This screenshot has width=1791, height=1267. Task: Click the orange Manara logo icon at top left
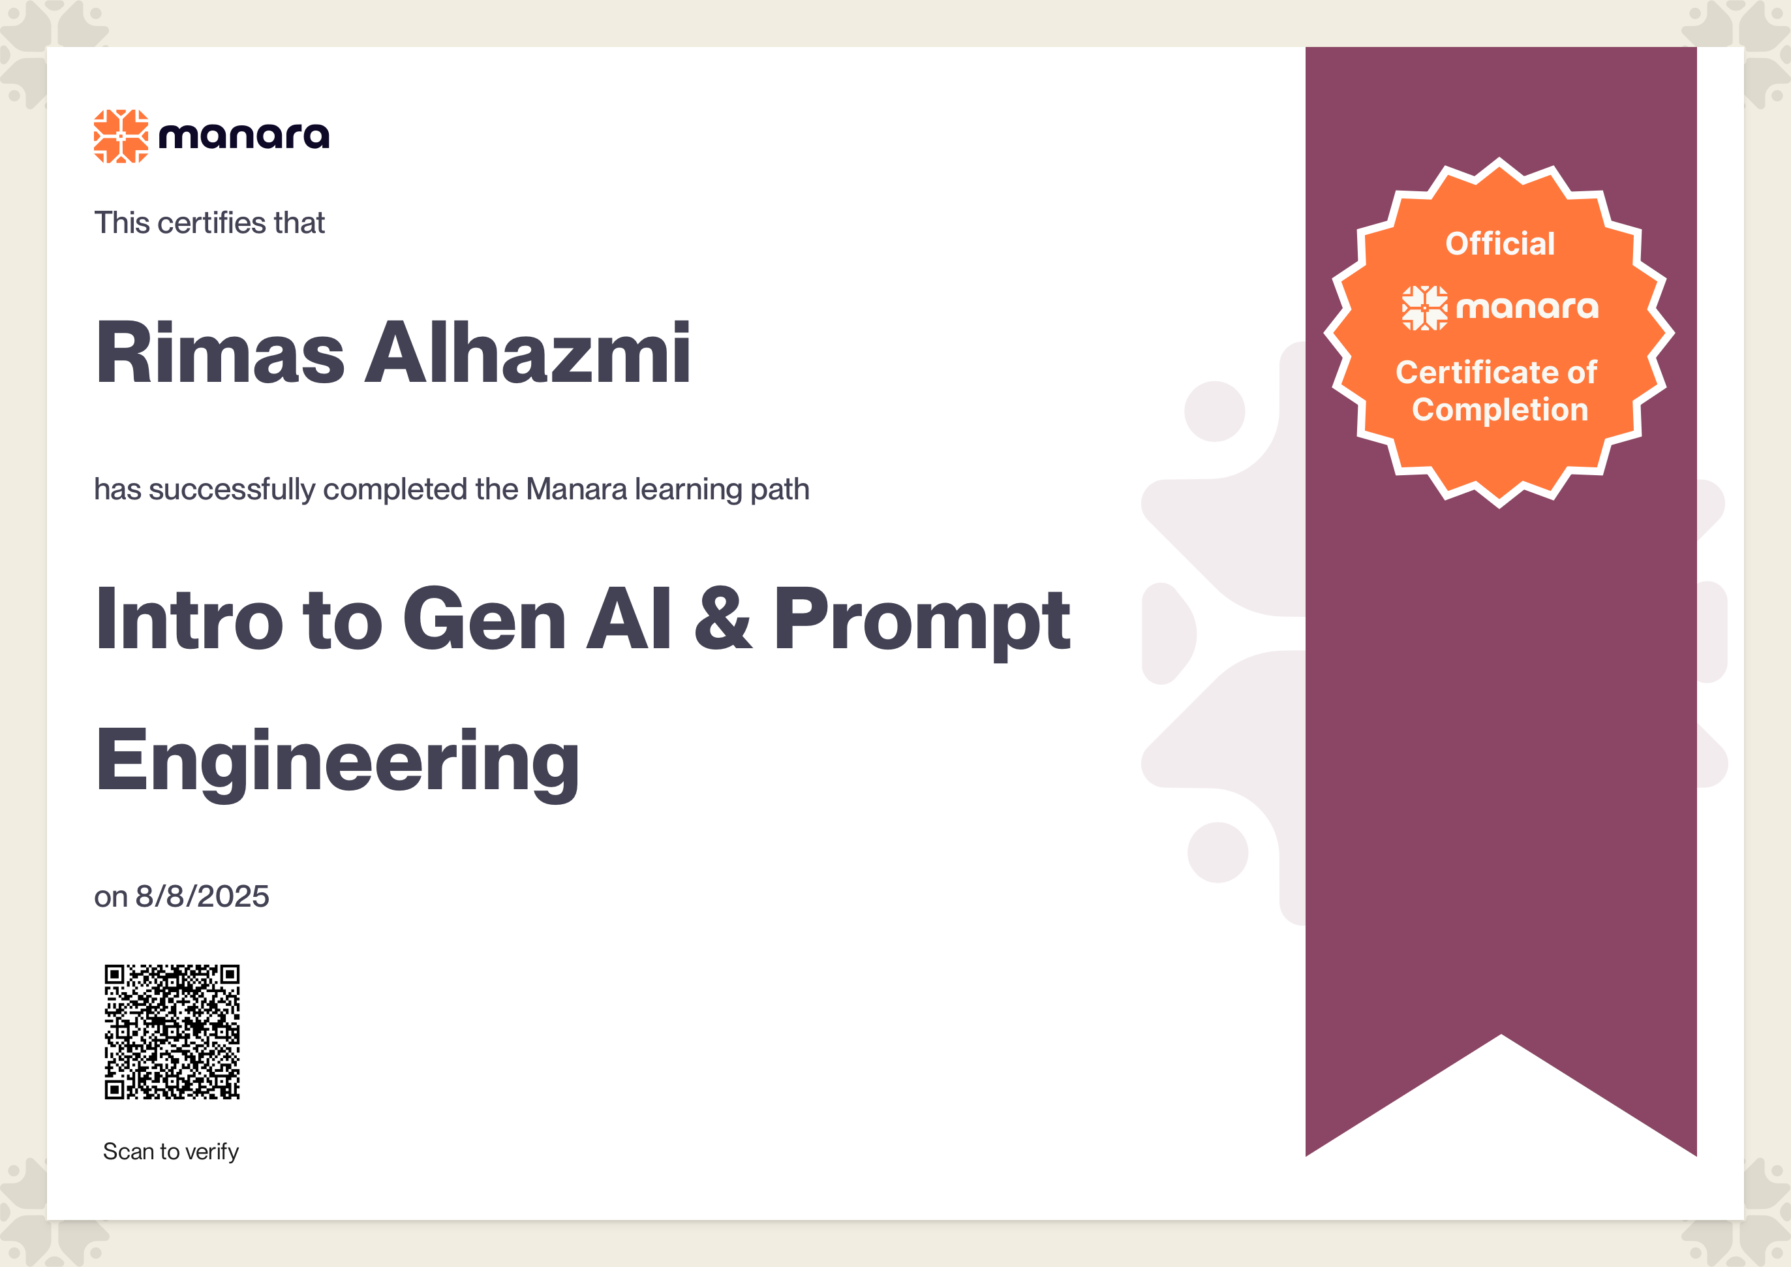(121, 136)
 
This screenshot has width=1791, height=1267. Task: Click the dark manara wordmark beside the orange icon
(244, 136)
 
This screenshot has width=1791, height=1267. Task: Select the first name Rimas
(220, 352)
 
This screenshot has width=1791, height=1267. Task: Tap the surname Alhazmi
(527, 352)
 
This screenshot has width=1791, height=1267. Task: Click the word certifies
(211, 223)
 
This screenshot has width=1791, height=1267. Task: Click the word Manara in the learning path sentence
(577, 489)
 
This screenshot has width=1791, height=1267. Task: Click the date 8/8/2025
(202, 896)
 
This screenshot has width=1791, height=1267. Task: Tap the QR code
(172, 1032)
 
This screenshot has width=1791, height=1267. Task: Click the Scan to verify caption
(171, 1151)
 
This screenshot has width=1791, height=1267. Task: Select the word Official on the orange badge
(1500, 243)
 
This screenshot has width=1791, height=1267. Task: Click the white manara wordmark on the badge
(1527, 307)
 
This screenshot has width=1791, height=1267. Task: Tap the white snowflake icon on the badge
(1424, 308)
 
